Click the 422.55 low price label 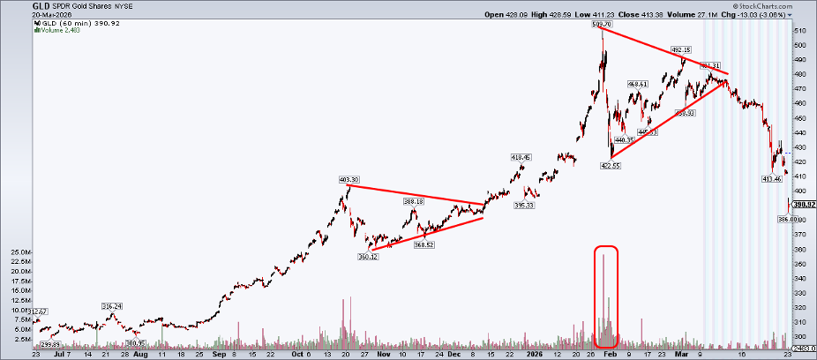[x=611, y=165]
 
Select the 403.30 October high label [x=349, y=179]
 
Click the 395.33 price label [x=524, y=206]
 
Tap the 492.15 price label [x=681, y=49]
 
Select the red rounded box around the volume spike [x=606, y=296]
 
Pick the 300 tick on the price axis [x=800, y=336]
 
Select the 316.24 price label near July [x=112, y=306]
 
